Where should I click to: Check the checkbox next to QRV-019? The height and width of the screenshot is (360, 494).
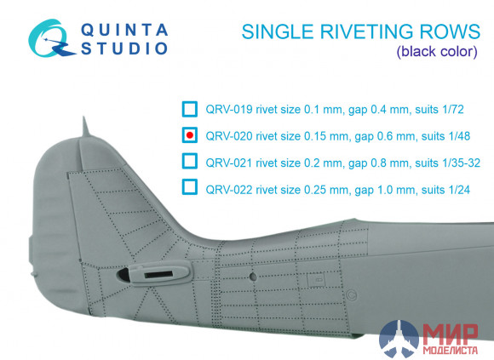coord(189,109)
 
